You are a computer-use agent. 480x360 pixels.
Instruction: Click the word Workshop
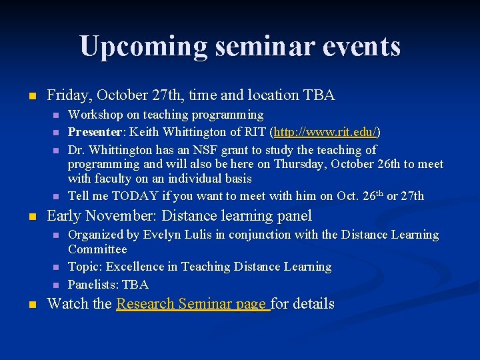[x=95, y=115]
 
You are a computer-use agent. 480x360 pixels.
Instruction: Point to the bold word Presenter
[x=96, y=132]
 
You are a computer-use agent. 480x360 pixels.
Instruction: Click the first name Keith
[x=147, y=132]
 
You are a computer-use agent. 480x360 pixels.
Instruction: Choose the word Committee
[x=97, y=249]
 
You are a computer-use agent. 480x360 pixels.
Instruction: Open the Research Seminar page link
[x=193, y=304]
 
